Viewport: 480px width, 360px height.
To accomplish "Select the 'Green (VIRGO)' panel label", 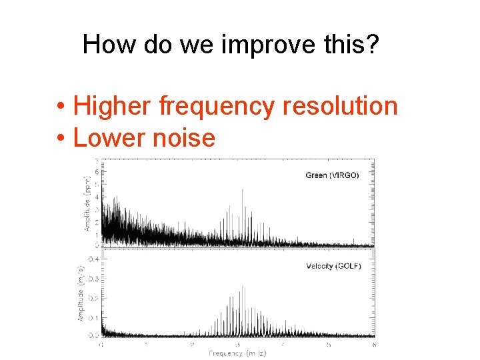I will coord(332,175).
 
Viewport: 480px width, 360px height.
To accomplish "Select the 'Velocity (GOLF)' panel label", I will coord(333,266).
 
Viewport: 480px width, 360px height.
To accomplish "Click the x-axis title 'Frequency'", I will coord(227,353).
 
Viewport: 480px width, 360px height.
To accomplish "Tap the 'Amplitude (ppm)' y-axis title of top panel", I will coord(86,203).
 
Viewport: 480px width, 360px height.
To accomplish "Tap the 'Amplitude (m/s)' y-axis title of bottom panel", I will coord(81,293).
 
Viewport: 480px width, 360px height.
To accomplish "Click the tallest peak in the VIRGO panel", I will coord(241,190).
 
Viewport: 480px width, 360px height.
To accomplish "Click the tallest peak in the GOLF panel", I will coord(243,287).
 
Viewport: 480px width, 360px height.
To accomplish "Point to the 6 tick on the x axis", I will coord(374,345).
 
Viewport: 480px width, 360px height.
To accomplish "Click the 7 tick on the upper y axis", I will coord(97,161).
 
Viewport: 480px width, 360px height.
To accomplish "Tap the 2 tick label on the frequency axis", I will coord(191,345).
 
